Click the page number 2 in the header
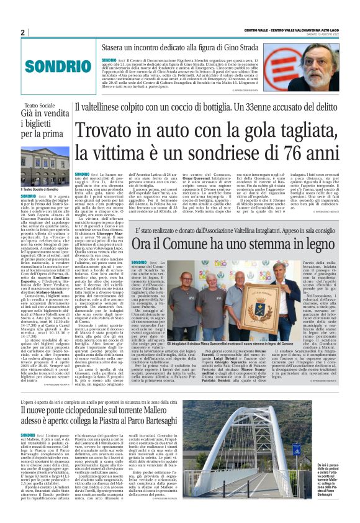click(22, 32)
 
